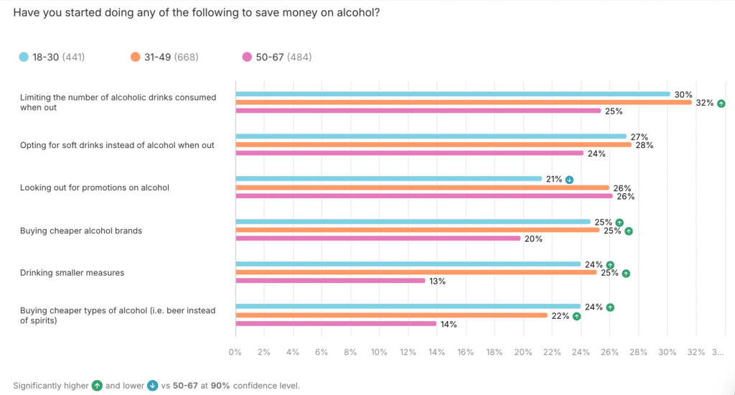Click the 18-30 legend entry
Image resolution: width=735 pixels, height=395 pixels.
click(x=52, y=57)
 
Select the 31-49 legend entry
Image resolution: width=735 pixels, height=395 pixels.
click(x=164, y=57)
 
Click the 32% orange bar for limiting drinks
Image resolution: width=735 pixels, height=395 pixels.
click(x=464, y=103)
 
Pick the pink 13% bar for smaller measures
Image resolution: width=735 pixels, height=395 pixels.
click(x=330, y=281)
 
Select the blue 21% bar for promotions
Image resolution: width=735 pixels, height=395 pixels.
click(x=388, y=179)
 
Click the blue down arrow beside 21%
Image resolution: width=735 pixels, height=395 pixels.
click(x=569, y=179)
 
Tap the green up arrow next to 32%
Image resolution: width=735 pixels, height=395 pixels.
click(x=721, y=103)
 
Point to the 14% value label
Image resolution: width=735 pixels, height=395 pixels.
click(x=449, y=324)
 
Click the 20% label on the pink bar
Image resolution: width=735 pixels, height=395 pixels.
click(x=533, y=238)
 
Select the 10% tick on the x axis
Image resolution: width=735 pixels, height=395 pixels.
click(x=379, y=353)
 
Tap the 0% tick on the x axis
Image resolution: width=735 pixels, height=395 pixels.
click(x=235, y=353)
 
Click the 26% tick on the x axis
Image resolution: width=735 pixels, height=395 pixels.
click(x=609, y=353)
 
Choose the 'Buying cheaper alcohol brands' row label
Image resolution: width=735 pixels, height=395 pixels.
click(x=81, y=231)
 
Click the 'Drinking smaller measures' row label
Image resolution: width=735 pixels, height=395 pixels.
click(x=72, y=273)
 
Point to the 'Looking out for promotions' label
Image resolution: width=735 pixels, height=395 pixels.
click(x=94, y=187)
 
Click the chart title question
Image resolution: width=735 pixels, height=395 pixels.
click(x=196, y=14)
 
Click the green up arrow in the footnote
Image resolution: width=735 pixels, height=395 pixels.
click(x=97, y=386)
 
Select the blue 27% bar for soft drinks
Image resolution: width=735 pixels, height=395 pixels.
click(x=431, y=136)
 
